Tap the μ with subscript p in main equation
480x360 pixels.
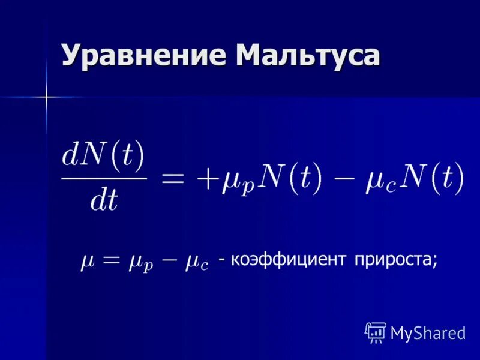(x=236, y=181)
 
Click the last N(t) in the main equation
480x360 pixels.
(x=433, y=178)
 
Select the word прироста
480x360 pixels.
(x=396, y=260)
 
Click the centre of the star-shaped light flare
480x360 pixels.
(x=46, y=96)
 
